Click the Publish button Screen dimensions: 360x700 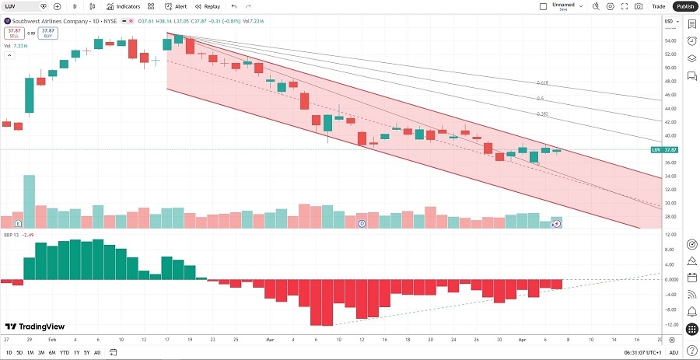coord(684,6)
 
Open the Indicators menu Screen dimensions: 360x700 coord(124,6)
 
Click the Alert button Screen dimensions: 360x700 coord(175,6)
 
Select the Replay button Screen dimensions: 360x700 coord(208,6)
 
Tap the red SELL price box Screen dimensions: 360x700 coord(13,33)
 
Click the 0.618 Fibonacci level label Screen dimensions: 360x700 coord(543,82)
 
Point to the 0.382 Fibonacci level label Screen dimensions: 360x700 coord(543,114)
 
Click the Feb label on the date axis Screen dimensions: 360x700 coord(52,340)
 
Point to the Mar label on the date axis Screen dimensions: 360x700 coord(271,340)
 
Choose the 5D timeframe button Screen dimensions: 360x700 coord(19,353)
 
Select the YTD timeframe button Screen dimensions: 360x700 coord(65,353)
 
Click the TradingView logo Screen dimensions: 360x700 coord(35,327)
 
